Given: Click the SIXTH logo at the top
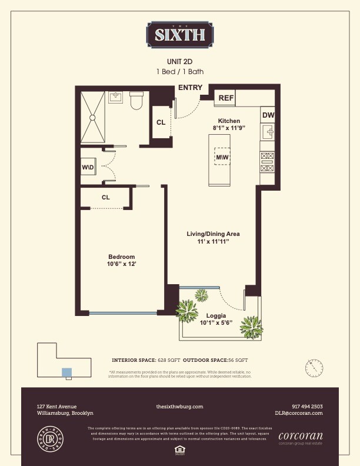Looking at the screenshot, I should point(179,34).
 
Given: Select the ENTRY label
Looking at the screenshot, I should point(190,88).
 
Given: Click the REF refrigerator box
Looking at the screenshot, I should point(226,98).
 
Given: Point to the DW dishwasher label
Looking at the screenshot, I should point(268,115).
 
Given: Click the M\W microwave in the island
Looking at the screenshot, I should point(222,158).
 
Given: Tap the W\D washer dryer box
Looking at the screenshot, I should point(88,168).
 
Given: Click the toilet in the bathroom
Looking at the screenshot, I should point(136,102).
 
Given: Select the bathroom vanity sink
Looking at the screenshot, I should point(116,96).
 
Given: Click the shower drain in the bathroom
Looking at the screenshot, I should point(92,117).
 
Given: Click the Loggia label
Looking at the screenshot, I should point(216,315).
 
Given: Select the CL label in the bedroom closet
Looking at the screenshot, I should point(106,197).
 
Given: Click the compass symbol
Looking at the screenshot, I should point(314,368).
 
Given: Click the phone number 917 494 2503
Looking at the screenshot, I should point(307,407).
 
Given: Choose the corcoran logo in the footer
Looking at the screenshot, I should point(300,437).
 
